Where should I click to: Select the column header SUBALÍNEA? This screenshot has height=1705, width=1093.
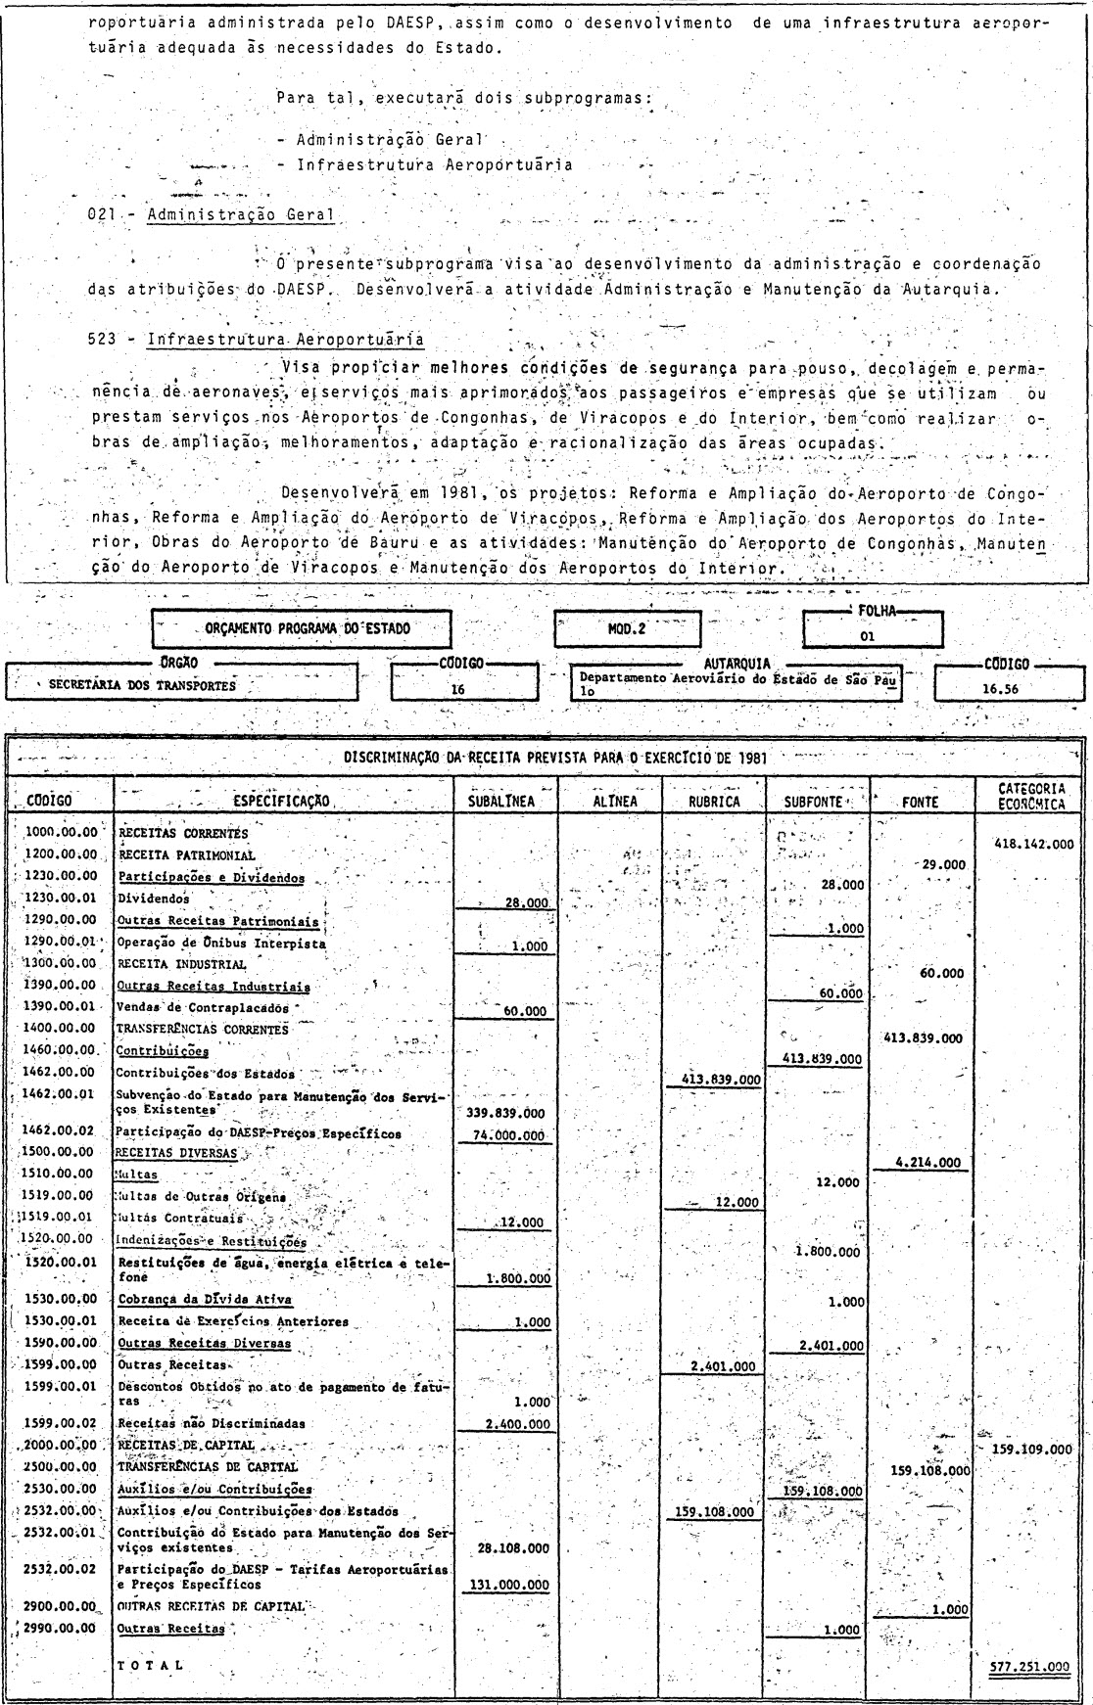506,801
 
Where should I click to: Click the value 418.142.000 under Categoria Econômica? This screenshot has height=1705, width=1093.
1032,844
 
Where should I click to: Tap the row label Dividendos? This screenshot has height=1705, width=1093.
154,898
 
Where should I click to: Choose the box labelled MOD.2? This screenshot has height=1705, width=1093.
627,629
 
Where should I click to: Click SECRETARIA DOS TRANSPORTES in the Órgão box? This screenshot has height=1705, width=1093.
142,685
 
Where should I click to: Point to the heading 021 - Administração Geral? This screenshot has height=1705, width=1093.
211,215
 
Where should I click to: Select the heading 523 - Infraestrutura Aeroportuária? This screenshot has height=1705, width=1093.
257,340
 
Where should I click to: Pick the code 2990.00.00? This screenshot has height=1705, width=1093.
62,1629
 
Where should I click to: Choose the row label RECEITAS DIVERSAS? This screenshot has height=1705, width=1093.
176,1154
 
